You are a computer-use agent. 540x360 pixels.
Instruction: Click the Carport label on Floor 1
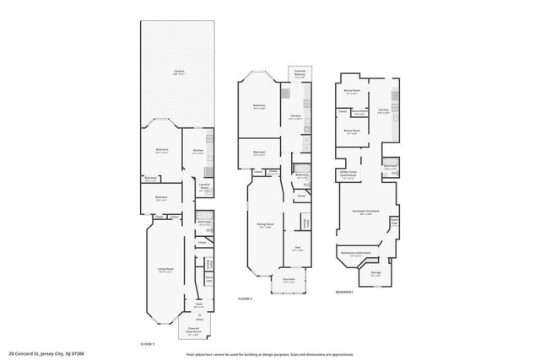point(180,72)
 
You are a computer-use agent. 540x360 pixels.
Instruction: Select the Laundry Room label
point(203,189)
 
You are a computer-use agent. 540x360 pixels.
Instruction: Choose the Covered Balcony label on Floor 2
point(300,75)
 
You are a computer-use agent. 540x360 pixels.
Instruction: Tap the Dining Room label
point(264,225)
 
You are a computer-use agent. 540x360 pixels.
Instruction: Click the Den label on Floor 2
point(298,249)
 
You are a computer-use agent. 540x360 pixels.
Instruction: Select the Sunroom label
point(289,282)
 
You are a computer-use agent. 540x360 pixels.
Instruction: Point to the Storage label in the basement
point(376,273)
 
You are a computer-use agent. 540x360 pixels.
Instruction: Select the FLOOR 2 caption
point(245,299)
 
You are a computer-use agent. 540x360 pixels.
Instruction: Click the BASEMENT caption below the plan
point(344,292)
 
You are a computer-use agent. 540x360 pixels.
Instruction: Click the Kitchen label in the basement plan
point(383,110)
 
